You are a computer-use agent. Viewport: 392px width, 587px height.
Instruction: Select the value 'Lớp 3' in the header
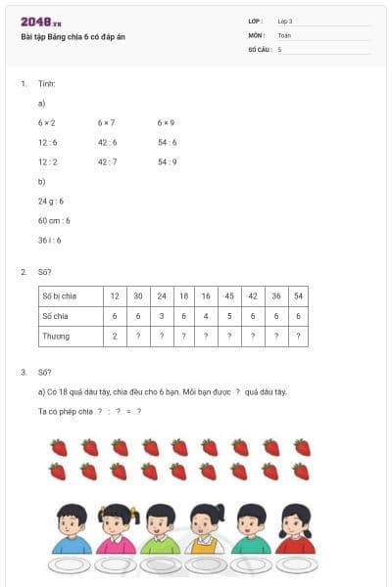(x=285, y=21)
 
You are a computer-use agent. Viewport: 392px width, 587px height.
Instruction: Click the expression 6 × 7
(x=106, y=123)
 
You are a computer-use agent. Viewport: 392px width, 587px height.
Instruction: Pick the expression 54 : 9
(x=167, y=161)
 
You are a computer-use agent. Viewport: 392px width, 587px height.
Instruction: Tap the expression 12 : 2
(x=48, y=161)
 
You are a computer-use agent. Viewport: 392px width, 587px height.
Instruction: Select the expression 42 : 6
(x=107, y=143)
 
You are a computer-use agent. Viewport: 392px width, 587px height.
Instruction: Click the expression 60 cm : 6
(x=55, y=220)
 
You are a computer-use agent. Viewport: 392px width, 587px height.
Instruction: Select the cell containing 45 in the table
(x=228, y=295)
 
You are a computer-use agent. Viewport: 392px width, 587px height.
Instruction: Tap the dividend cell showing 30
(x=138, y=295)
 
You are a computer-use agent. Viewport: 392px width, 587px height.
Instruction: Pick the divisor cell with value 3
(x=161, y=316)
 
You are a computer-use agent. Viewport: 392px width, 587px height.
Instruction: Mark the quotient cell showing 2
(x=116, y=336)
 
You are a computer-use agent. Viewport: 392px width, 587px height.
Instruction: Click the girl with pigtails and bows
(x=115, y=528)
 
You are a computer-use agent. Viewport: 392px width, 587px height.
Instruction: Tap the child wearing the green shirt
(x=158, y=529)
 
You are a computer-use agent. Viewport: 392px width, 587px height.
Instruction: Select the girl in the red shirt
(x=295, y=529)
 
